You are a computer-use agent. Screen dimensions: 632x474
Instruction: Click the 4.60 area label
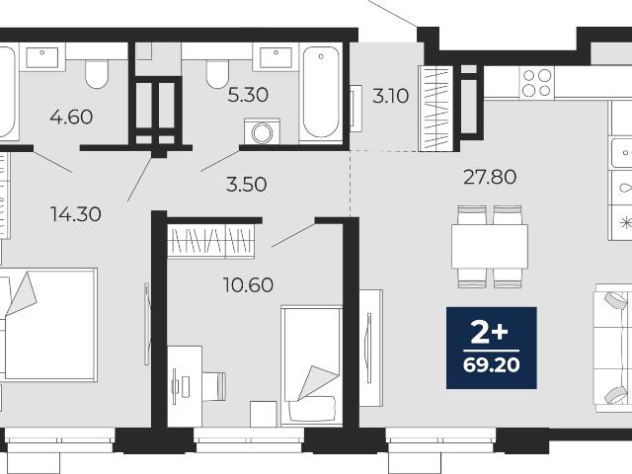coord(71,118)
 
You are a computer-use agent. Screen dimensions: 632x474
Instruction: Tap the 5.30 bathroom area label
coord(248,96)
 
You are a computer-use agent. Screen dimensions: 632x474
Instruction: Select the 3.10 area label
coord(391,97)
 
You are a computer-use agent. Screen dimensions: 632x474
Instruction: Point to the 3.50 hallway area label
coord(246,185)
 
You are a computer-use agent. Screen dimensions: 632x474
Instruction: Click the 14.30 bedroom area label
coord(76,214)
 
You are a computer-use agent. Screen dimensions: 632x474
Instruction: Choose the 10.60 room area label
coord(248,285)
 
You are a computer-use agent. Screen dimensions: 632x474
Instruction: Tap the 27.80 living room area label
coord(490,177)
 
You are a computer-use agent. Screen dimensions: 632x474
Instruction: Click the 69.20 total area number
coord(492,365)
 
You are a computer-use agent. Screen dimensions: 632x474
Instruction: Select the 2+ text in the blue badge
coord(490,334)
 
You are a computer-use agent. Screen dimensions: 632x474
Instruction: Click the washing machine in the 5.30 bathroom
coord(262,131)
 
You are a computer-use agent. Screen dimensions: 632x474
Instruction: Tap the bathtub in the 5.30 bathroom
coord(321,92)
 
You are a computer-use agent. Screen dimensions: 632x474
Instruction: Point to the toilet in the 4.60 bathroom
coord(97,75)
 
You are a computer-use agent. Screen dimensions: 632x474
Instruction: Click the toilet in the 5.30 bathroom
coord(217,74)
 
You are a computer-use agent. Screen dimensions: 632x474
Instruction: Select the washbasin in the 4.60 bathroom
coord(41,57)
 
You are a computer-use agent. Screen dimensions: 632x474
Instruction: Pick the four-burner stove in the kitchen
coord(537,83)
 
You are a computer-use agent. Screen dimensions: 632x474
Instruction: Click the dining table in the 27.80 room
coord(490,247)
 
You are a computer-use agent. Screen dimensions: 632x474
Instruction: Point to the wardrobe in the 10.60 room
coord(210,241)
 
